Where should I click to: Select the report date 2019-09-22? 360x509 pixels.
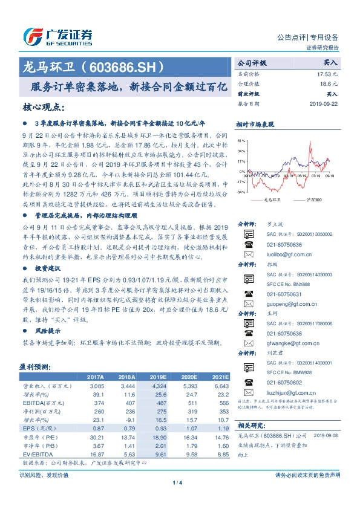[x=326, y=103]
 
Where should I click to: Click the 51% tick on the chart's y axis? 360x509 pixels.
[x=241, y=140]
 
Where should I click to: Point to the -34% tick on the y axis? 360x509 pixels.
[x=241, y=192]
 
